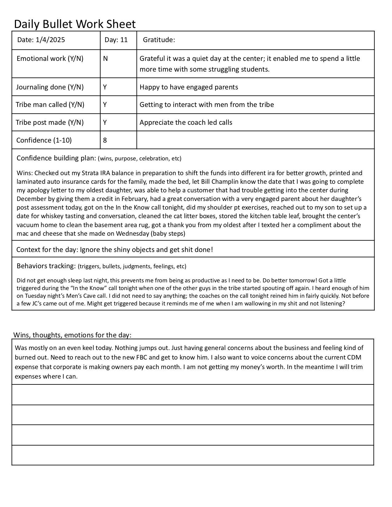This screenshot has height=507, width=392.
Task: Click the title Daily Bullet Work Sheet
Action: [75, 24]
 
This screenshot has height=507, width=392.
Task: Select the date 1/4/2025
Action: [50, 40]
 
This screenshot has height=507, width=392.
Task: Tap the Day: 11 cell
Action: [116, 40]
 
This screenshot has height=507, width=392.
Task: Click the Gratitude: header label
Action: [159, 40]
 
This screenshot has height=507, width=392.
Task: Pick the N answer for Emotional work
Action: [105, 58]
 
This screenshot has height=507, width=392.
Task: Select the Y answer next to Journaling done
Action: [105, 87]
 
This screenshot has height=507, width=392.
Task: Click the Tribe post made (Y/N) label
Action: [50, 122]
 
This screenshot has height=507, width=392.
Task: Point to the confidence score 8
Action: [105, 140]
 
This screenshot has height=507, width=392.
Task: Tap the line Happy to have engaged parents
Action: [189, 87]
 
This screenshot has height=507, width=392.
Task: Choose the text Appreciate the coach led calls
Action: [186, 122]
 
